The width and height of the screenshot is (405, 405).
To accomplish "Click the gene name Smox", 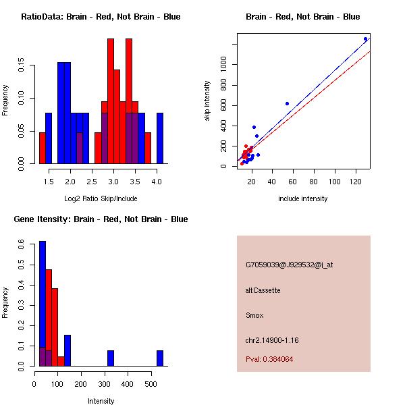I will pyautogui.click(x=254, y=315).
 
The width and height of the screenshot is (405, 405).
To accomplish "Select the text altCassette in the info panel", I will pyautogui.click(x=263, y=290).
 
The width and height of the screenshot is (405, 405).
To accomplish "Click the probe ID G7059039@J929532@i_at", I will pyautogui.click(x=289, y=265).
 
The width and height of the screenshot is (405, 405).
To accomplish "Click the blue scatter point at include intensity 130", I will pyautogui.click(x=365, y=39).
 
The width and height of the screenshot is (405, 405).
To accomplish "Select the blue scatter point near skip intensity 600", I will pyautogui.click(x=287, y=104).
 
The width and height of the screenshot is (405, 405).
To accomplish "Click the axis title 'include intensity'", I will pyautogui.click(x=302, y=199).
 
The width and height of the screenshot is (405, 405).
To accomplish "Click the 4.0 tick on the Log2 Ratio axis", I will pyautogui.click(x=157, y=182).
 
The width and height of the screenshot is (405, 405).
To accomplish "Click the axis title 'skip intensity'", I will pyautogui.click(x=208, y=102).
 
